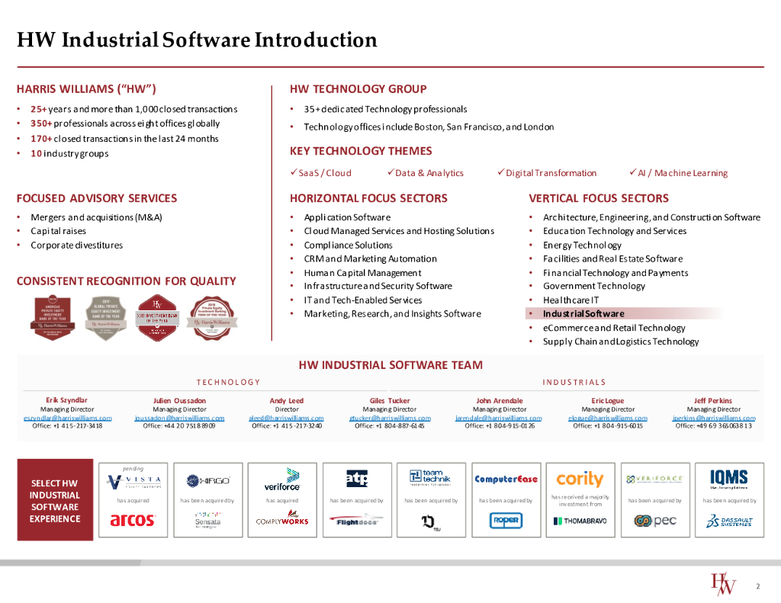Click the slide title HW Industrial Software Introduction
[197, 40]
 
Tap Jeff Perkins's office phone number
[713, 426]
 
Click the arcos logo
[133, 520]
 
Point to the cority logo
[580, 480]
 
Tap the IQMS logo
[728, 479]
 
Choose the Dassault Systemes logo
[728, 521]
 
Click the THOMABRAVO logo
[580, 521]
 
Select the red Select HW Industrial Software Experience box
[55, 500]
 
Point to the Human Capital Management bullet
[362, 273]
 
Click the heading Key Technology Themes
[361, 151]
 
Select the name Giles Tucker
[389, 400]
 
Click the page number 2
[757, 586]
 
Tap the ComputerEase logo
[506, 480]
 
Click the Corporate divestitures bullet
[76, 245]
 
